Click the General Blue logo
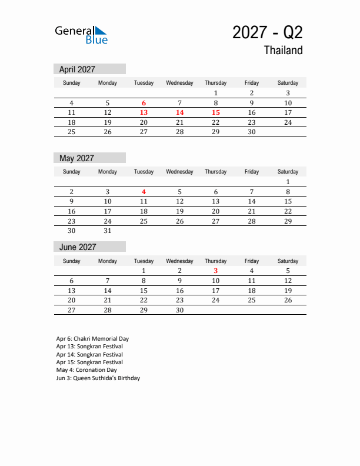click(x=81, y=35)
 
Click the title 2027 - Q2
click(x=267, y=32)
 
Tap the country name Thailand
click(x=283, y=51)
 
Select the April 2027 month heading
click(x=77, y=69)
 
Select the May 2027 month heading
click(x=76, y=158)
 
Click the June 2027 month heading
click(x=77, y=247)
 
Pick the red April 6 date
click(x=144, y=103)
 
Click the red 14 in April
click(x=179, y=112)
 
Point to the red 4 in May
click(x=144, y=192)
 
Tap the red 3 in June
click(x=215, y=271)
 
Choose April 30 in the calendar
click(x=251, y=132)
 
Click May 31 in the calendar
click(x=108, y=231)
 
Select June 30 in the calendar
click(x=179, y=310)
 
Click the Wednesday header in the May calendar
click(x=179, y=172)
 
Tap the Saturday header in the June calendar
click(x=288, y=261)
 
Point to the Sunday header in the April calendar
click(x=72, y=83)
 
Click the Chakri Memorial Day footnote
click(x=92, y=339)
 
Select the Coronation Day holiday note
click(x=86, y=370)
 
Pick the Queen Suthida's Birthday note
click(x=98, y=378)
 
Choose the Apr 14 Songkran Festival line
click(x=89, y=355)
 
